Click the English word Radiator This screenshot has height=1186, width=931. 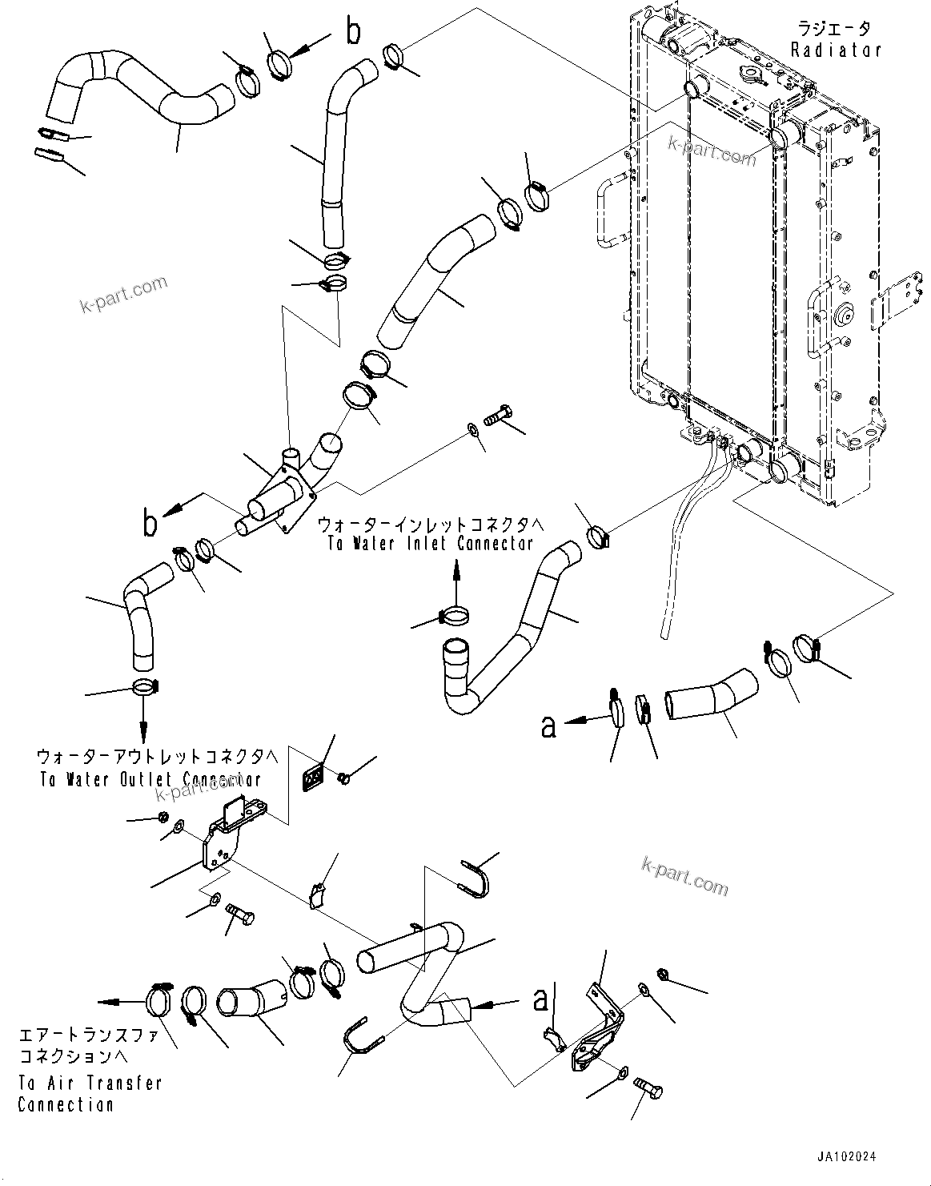pyautogui.click(x=836, y=50)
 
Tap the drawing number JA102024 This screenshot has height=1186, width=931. pyautogui.click(x=846, y=1157)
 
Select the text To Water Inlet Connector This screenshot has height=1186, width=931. pyautogui.click(x=430, y=543)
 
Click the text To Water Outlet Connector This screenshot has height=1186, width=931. pyautogui.click(x=149, y=779)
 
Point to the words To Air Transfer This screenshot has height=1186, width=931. pyautogui.click(x=90, y=1083)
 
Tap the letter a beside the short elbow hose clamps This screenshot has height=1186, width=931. pyautogui.click(x=548, y=726)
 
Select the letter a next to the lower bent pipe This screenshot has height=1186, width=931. pyautogui.click(x=540, y=999)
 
